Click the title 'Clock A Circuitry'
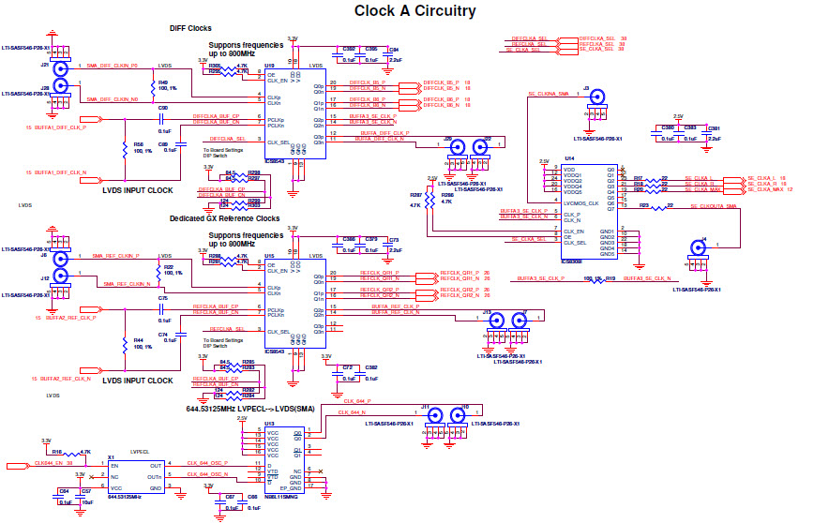[414, 11]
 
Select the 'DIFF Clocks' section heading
[189, 29]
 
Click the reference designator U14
[569, 159]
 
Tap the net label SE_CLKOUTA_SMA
[714, 205]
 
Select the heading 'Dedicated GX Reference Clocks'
[224, 218]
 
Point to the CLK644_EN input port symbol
[17, 464]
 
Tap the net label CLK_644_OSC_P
[207, 463]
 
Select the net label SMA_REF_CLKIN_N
[127, 283]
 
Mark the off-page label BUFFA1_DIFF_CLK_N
[62, 173]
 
